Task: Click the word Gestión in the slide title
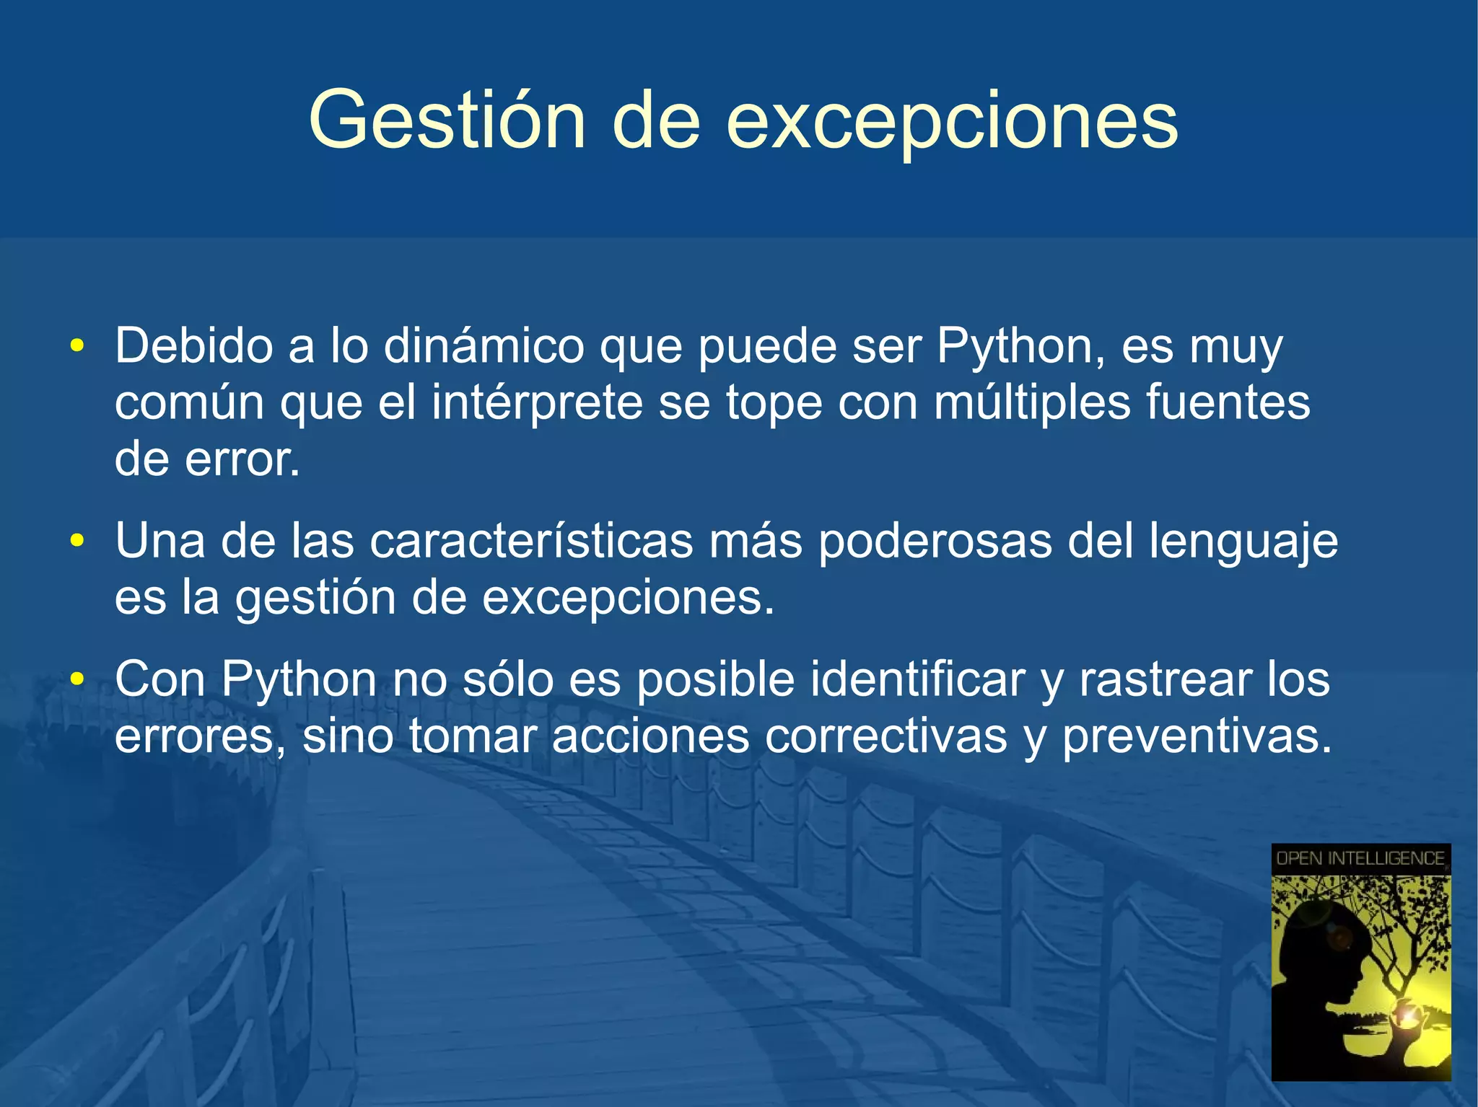(446, 120)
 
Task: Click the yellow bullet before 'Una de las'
(77, 540)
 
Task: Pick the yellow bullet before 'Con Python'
(77, 679)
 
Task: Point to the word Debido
(193, 345)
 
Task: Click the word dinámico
(484, 345)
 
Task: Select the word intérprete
(537, 402)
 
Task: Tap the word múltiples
(1032, 402)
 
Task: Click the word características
(531, 541)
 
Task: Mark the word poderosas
(935, 541)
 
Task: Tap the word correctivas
(886, 736)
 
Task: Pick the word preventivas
(1196, 736)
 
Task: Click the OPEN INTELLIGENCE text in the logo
(1360, 858)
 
